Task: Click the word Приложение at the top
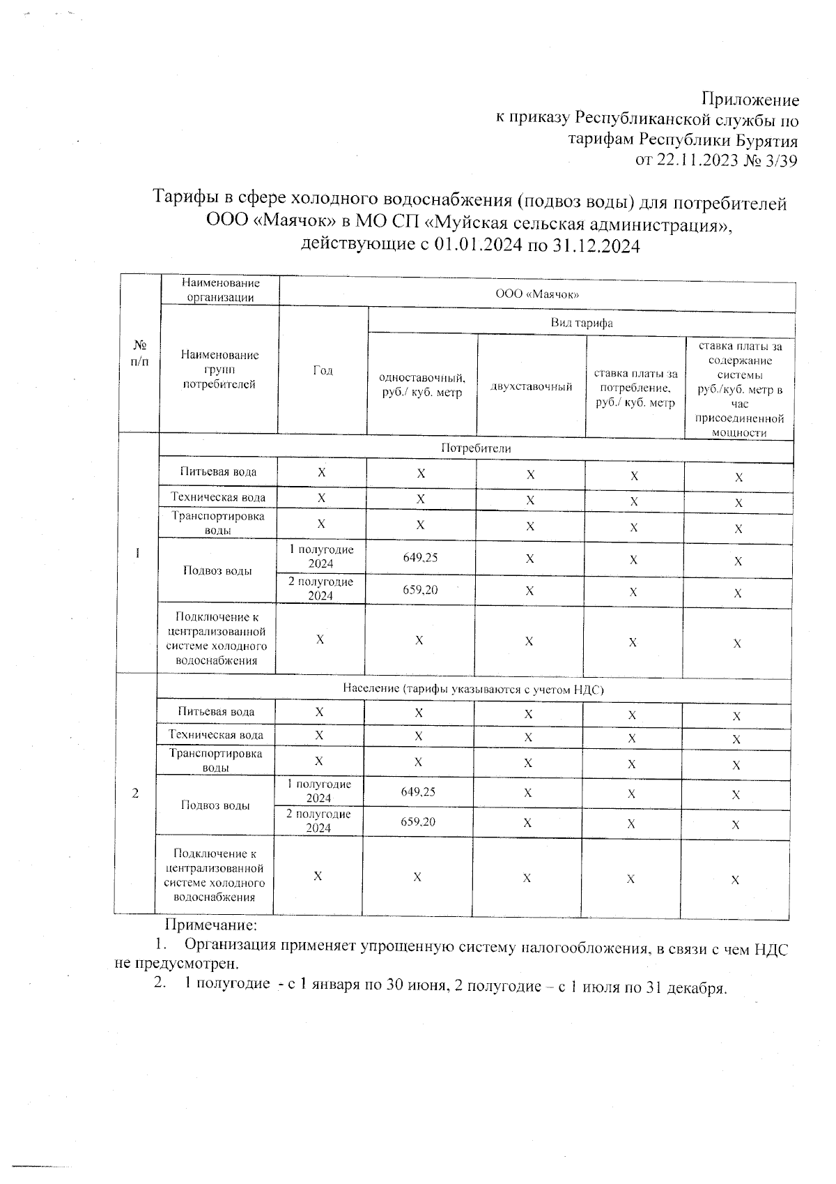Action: point(750,99)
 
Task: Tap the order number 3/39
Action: point(780,161)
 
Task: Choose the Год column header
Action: point(323,370)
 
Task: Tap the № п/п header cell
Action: point(140,354)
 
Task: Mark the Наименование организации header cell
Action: point(220,290)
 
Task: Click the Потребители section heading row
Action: point(476,448)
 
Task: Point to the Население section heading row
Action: point(473,689)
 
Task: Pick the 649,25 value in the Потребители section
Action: point(420,558)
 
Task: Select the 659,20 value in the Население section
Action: point(418,822)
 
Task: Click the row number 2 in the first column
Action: point(135,794)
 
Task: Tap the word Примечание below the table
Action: point(211,925)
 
